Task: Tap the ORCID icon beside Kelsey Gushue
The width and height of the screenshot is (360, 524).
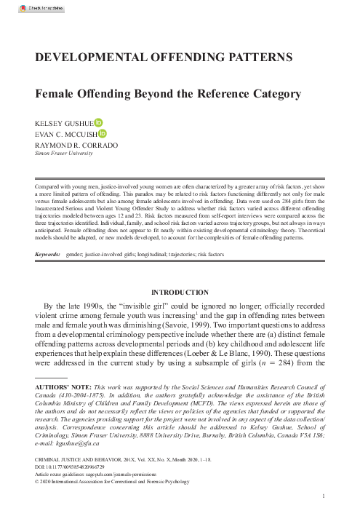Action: tap(99, 123)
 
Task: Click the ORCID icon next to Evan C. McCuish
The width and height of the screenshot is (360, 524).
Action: tap(103, 134)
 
